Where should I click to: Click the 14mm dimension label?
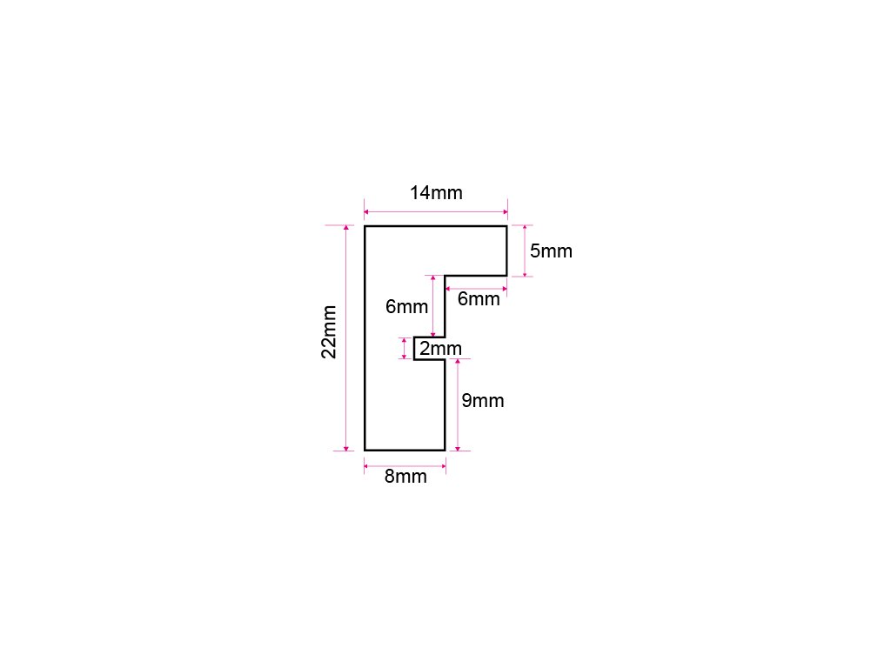(436, 193)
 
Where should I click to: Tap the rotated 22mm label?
(329, 331)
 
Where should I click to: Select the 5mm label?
(551, 251)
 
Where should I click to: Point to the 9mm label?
(482, 401)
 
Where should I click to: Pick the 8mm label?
(405, 477)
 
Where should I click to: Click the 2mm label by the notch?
(440, 349)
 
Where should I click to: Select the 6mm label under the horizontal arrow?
(479, 299)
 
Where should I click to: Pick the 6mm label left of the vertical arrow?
(407, 306)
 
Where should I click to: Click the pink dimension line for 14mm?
(435, 211)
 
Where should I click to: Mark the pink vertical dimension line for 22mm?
(346, 338)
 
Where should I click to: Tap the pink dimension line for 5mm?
(526, 251)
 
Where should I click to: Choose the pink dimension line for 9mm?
(458, 404)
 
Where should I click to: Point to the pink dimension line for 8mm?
(405, 466)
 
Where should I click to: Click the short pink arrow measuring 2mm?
(405, 348)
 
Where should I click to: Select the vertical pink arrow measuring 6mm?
(433, 306)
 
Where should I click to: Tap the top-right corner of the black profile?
(506, 226)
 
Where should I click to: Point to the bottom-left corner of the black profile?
(365, 450)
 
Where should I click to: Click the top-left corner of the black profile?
(365, 226)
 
